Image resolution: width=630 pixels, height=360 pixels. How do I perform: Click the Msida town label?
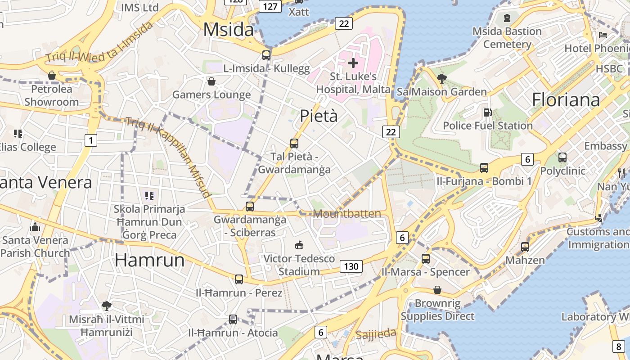[229, 30]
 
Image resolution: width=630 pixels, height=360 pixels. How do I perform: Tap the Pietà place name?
[319, 116]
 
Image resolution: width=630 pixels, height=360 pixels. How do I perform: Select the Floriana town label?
[566, 99]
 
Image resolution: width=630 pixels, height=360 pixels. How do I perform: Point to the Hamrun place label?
[149, 260]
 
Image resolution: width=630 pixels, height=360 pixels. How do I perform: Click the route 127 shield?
[270, 6]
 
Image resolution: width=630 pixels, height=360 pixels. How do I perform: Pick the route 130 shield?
[351, 266]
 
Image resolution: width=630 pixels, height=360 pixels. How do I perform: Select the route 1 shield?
[91, 140]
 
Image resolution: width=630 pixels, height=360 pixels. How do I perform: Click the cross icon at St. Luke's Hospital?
[353, 63]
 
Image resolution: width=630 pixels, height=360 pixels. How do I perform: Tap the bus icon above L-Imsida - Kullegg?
[266, 55]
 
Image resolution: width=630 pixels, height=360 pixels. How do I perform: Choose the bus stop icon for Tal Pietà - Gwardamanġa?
[294, 144]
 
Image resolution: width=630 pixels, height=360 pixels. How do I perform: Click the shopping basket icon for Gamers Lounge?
[211, 81]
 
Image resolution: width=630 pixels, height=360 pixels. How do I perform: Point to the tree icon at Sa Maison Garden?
[441, 79]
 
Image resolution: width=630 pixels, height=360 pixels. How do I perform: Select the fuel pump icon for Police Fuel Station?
[487, 112]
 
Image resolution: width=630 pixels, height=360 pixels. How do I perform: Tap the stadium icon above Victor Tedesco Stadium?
[299, 245]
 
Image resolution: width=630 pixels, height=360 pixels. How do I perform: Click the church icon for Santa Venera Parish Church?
[35, 227]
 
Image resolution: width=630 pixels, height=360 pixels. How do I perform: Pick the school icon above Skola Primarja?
[149, 195]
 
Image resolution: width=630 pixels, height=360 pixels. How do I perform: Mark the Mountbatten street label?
[347, 214]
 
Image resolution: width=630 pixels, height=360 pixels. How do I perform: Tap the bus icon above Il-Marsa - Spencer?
[426, 259]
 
